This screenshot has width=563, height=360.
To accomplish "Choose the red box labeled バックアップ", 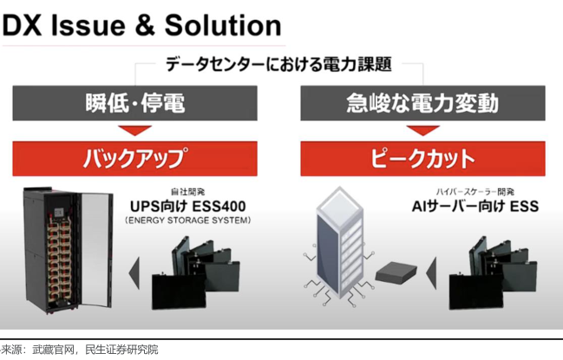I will (x=136, y=159).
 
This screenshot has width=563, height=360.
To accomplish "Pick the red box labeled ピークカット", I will (x=424, y=159).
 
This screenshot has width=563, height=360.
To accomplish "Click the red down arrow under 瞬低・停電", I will (x=136, y=130).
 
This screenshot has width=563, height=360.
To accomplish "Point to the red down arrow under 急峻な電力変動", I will (x=424, y=130).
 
